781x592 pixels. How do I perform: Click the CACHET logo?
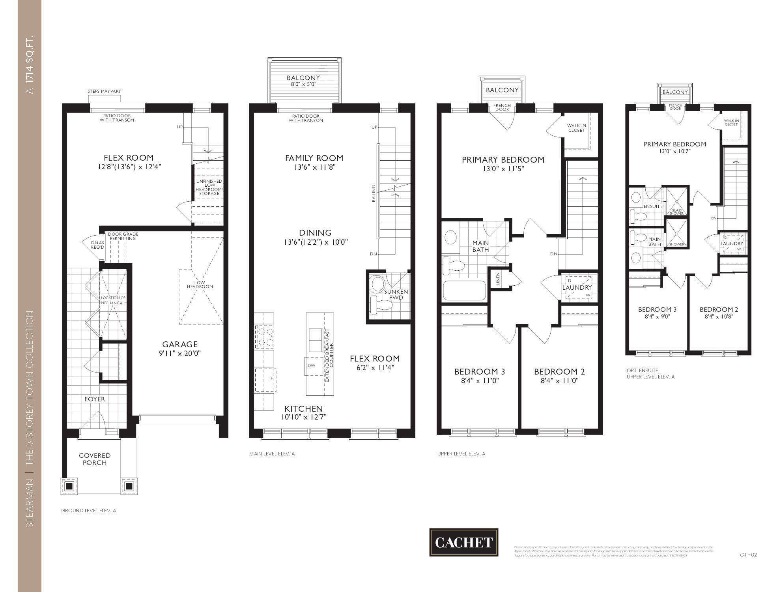point(463,542)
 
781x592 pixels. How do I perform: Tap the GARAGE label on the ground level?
point(180,344)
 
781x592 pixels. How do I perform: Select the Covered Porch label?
point(95,459)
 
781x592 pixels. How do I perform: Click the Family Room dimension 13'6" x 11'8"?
point(314,167)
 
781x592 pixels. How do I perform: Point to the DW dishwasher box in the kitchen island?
point(312,365)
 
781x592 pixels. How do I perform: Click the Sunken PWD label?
point(396,294)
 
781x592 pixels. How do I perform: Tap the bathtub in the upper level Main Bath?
point(464,290)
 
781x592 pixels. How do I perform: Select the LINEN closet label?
point(498,279)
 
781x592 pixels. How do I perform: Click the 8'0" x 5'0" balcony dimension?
point(303,84)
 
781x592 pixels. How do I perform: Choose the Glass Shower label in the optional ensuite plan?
point(676,212)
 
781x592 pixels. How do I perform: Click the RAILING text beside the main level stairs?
point(374,193)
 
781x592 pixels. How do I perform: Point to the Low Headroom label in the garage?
point(200,285)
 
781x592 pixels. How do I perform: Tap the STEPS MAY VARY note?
point(104,92)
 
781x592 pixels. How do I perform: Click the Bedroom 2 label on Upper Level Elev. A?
point(559,371)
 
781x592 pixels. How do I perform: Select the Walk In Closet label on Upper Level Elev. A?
point(576,128)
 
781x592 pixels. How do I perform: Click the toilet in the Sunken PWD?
point(380,305)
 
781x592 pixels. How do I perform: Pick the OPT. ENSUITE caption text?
point(642,370)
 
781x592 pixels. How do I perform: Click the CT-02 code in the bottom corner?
point(748,555)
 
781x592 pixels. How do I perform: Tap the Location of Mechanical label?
point(113,300)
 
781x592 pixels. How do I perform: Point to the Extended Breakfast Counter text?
point(329,355)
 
